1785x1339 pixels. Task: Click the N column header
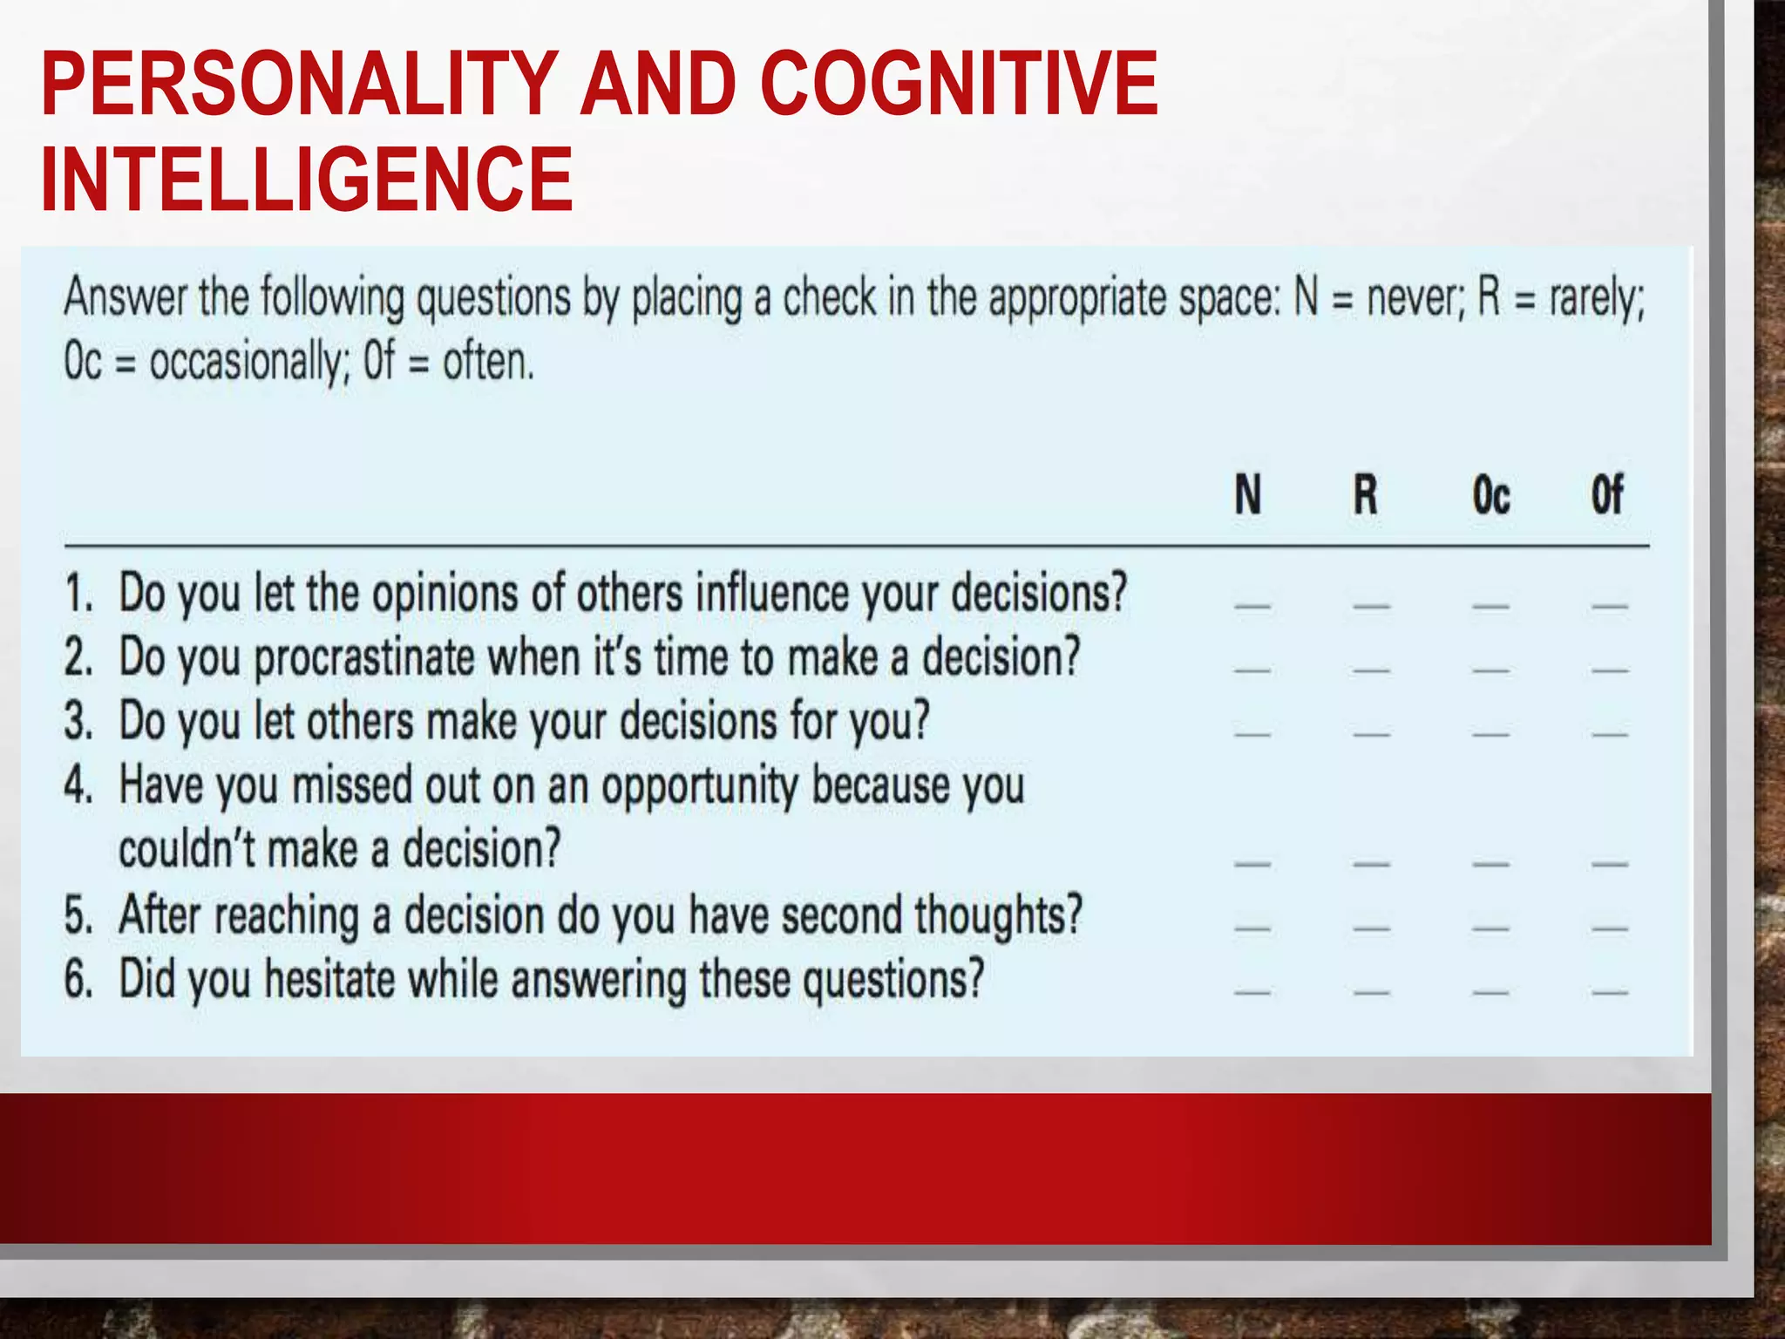[x=1247, y=495]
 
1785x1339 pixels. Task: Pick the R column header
[x=1365, y=495]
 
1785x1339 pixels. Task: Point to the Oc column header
[x=1490, y=495]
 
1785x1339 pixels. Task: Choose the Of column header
[x=1606, y=495]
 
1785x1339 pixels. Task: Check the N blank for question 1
[x=1252, y=604]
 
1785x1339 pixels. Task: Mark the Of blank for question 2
[x=1609, y=670]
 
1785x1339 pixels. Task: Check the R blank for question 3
[x=1371, y=734]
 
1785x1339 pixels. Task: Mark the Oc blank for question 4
[x=1490, y=864]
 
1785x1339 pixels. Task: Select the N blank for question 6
[x=1252, y=992]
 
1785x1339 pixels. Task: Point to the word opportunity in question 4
[x=699, y=786]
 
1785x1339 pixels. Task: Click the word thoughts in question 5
[x=998, y=916]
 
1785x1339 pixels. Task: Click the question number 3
[x=78, y=723]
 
